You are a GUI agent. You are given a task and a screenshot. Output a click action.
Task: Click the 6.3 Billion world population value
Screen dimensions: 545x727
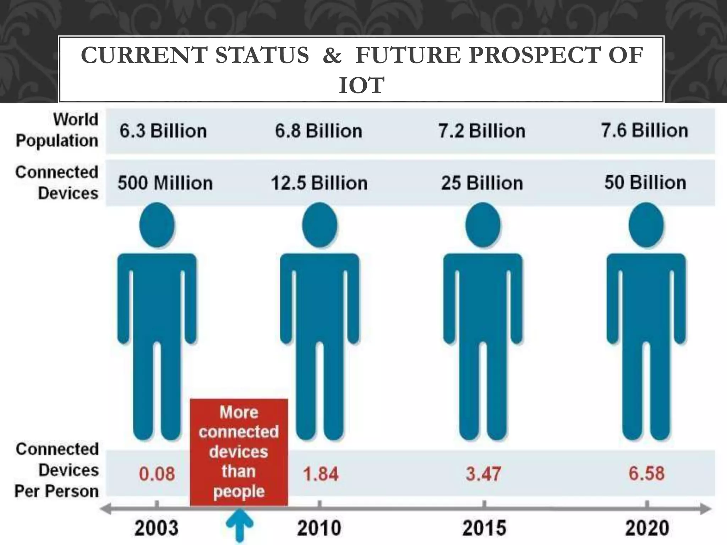[x=163, y=131]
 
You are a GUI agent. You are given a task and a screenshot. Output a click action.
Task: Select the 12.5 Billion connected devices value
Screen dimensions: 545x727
[x=319, y=183]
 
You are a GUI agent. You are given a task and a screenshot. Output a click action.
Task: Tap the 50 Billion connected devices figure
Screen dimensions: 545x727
[x=645, y=183]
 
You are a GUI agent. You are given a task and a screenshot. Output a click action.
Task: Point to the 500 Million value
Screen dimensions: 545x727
[x=165, y=183]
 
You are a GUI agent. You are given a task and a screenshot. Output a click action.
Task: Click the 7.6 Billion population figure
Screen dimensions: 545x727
[x=644, y=130]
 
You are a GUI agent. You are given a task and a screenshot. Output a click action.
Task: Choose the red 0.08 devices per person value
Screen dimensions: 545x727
[x=157, y=474]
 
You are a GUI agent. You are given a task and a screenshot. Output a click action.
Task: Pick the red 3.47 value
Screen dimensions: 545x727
[x=483, y=474]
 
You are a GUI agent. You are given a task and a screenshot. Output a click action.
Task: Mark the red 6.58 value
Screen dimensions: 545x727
[x=646, y=473]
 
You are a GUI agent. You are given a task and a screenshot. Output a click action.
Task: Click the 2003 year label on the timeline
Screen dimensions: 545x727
[x=156, y=528]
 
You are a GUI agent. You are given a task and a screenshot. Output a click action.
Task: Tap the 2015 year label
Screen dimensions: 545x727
[x=484, y=528]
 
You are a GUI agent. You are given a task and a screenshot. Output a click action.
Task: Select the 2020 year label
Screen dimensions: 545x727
[x=647, y=528]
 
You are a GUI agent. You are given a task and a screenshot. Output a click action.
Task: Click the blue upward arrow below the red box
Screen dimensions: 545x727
[x=240, y=525]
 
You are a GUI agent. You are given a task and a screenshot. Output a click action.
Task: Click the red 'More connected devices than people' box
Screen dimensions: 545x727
[x=239, y=452]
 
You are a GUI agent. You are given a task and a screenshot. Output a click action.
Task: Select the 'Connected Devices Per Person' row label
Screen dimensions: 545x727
[x=57, y=470]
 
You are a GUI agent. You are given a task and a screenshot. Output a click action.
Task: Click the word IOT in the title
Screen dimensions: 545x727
[x=361, y=85]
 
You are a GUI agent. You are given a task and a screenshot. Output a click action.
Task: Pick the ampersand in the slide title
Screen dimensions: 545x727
[x=332, y=56]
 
